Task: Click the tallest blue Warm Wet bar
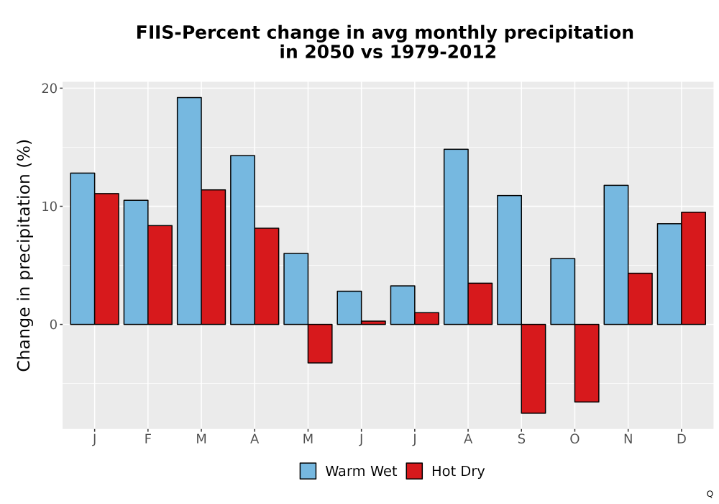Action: coord(189,211)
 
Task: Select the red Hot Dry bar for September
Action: coord(533,369)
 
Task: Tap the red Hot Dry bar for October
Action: coord(587,363)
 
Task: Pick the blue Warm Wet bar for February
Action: coord(136,262)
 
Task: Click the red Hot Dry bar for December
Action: coord(693,268)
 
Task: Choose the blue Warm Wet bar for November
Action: coord(616,255)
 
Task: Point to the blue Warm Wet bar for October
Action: coord(563,292)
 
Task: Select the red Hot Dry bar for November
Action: coord(640,299)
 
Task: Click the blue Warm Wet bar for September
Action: coord(510,260)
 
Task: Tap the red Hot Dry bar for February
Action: coord(160,275)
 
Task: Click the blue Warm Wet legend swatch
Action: coord(308,471)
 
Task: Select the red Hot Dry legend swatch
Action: coord(414,471)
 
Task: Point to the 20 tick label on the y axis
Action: coord(49,88)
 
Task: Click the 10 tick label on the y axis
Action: coord(49,206)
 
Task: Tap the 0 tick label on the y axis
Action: coord(53,325)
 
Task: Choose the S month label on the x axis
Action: coord(521,439)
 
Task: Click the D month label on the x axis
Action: coord(682,439)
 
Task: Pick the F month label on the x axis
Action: coord(147,439)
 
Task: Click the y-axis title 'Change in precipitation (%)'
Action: coord(24,255)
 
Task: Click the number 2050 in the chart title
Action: coord(329,51)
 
